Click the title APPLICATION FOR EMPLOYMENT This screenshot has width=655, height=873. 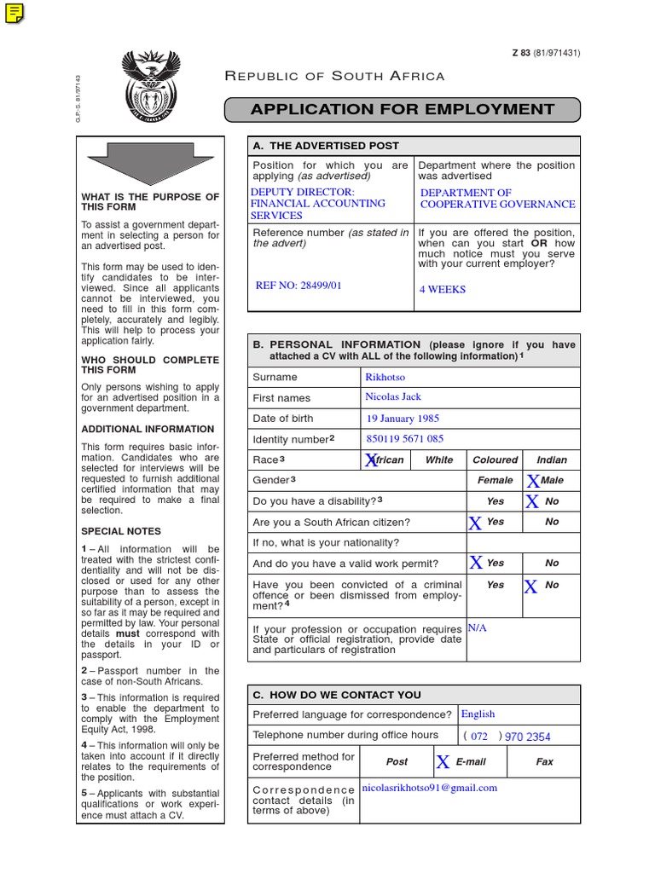(402, 109)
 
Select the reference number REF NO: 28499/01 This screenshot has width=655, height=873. (299, 286)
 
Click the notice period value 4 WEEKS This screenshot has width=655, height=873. (443, 290)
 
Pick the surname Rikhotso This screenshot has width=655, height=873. (385, 377)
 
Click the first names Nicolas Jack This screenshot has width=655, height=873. (393, 397)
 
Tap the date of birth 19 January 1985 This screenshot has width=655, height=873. (403, 419)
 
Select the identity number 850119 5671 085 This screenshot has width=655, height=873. (405, 439)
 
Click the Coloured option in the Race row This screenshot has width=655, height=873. (495, 460)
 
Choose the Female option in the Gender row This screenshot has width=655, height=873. (495, 481)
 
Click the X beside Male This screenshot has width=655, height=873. (533, 482)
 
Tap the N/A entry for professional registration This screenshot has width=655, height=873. (478, 627)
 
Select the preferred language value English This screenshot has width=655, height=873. (478, 714)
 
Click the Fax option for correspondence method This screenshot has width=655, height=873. (544, 762)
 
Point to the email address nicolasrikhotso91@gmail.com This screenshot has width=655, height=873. (430, 789)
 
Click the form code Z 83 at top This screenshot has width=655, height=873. (520, 53)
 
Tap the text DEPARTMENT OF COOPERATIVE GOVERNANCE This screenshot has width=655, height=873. (497, 199)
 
